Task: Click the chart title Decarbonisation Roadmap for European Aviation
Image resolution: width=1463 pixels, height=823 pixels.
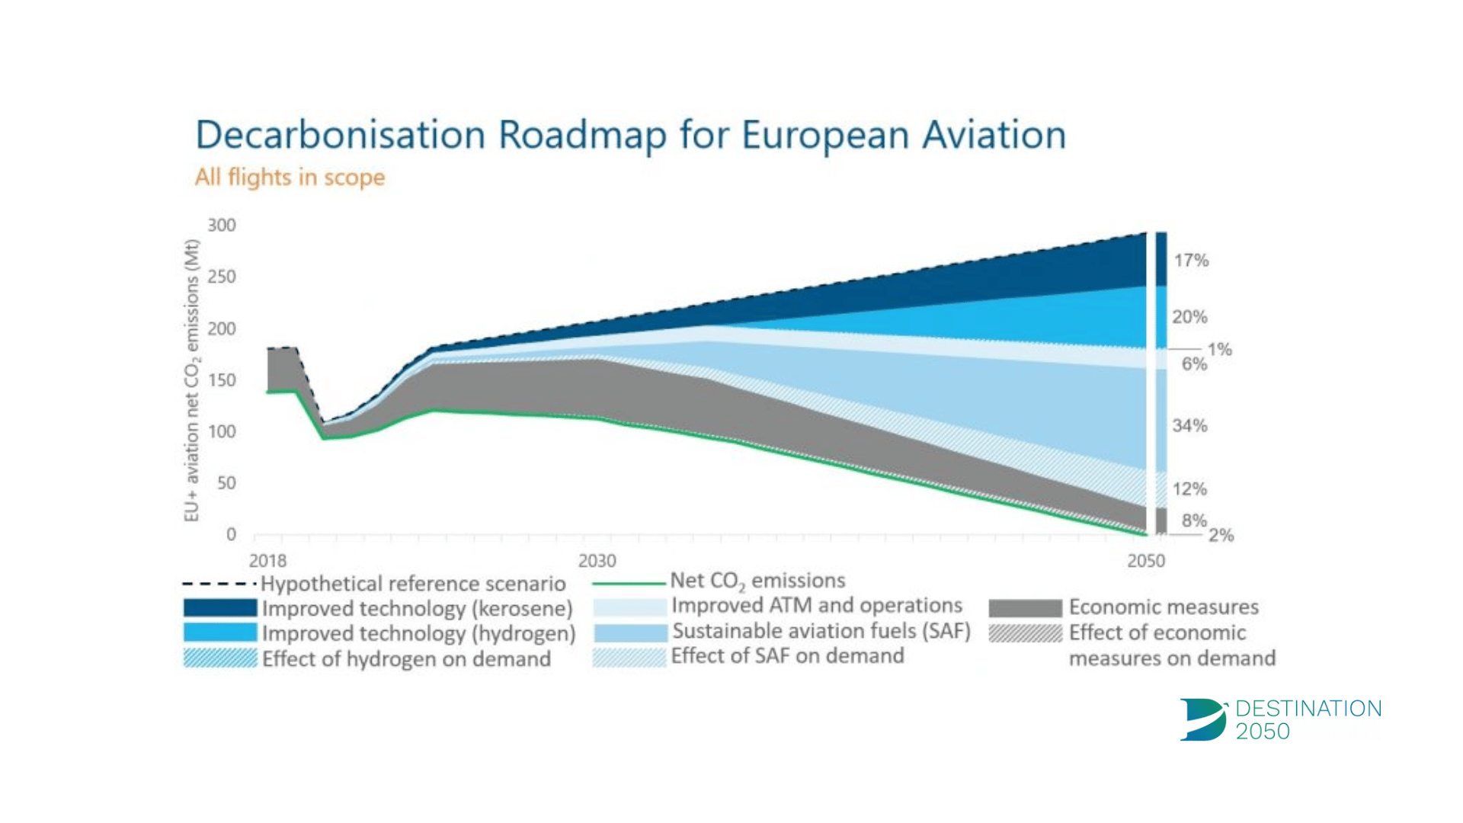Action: (x=630, y=136)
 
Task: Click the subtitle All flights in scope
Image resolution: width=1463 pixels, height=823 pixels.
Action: (x=290, y=178)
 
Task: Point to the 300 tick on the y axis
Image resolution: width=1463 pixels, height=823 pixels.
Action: (x=222, y=226)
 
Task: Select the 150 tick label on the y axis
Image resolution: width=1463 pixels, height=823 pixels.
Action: (x=222, y=380)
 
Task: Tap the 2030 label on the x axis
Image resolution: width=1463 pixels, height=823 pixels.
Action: (x=597, y=562)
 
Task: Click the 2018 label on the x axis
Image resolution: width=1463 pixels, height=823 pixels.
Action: (x=267, y=562)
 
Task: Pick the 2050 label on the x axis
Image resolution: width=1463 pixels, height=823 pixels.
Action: (x=1145, y=562)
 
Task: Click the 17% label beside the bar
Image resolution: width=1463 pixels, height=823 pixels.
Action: (x=1191, y=261)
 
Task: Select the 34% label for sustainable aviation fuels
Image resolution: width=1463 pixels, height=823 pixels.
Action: (x=1189, y=426)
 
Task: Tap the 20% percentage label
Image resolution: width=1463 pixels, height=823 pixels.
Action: (x=1189, y=317)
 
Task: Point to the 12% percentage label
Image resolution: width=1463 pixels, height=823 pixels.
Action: (x=1189, y=489)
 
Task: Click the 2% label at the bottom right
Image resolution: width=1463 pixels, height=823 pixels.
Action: (x=1221, y=536)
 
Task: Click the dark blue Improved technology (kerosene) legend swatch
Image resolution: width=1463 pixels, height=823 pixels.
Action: (x=220, y=608)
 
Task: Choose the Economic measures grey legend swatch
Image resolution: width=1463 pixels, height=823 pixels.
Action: (x=1025, y=608)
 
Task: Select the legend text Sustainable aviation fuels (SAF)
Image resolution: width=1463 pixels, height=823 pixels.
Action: (x=821, y=632)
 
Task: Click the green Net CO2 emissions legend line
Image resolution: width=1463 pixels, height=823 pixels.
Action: (x=629, y=584)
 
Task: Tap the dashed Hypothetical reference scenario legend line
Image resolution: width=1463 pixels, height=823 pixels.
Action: (x=219, y=584)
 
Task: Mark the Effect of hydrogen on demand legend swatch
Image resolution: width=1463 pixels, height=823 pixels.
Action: (x=220, y=658)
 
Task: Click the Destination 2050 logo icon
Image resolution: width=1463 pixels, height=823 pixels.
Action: (x=1202, y=719)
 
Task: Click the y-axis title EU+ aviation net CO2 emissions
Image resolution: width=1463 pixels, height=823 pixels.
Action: (x=191, y=380)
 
